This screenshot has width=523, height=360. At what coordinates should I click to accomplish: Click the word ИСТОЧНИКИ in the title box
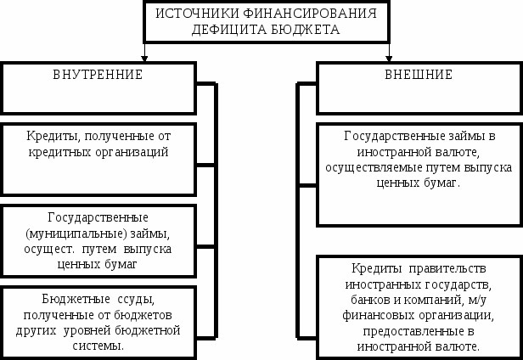(197, 14)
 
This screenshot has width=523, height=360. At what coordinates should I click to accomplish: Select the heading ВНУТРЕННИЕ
(98, 75)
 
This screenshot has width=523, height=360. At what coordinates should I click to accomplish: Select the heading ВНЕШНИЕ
(419, 75)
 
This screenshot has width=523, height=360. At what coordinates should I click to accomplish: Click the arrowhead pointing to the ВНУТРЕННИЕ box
(144, 59)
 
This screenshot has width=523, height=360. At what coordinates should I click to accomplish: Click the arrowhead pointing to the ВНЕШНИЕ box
(389, 59)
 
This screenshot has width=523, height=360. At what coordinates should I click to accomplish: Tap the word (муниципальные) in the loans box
(76, 233)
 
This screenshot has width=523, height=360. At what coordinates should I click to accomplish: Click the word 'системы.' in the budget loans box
(98, 346)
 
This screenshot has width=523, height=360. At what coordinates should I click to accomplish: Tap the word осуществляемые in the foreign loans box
(374, 167)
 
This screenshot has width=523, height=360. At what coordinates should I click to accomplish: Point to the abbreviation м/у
(478, 301)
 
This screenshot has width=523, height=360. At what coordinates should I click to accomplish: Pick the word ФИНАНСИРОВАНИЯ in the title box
(310, 14)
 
